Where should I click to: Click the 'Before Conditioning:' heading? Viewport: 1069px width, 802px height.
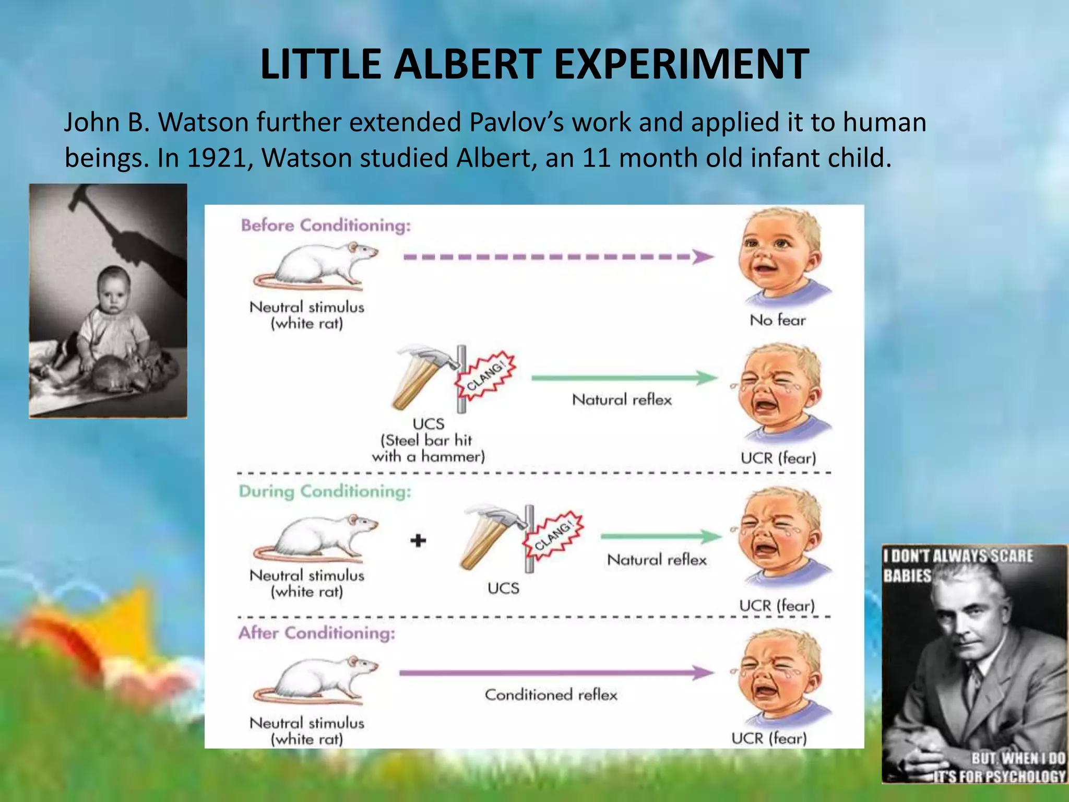(x=326, y=226)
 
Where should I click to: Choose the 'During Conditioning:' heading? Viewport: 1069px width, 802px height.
(x=325, y=491)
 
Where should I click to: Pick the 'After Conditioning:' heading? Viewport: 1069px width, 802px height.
(x=317, y=633)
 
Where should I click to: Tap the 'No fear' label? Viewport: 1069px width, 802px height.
(x=777, y=320)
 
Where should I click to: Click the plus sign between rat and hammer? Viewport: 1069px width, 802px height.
(x=418, y=540)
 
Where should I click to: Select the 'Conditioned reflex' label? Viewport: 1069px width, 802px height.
(x=551, y=695)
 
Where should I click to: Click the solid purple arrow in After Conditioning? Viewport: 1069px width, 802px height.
(x=556, y=673)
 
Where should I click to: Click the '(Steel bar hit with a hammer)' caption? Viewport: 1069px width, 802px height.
(x=428, y=448)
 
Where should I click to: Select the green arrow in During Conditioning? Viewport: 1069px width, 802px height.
(x=661, y=537)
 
